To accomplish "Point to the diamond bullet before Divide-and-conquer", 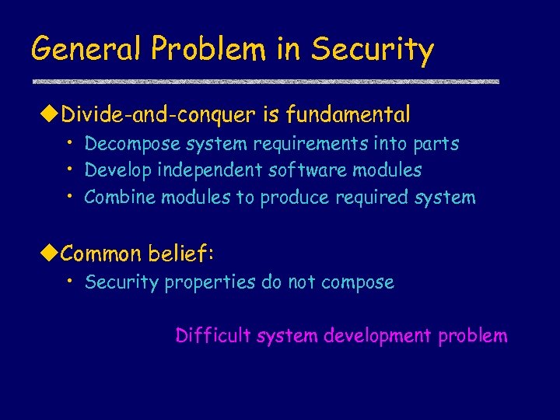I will [x=49, y=115].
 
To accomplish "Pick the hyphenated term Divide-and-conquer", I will [x=158, y=116].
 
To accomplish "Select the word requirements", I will [x=288, y=145].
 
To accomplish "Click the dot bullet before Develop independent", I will [x=70, y=169].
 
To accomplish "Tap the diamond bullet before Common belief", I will [x=49, y=254].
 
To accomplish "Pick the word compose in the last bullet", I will [x=359, y=283].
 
